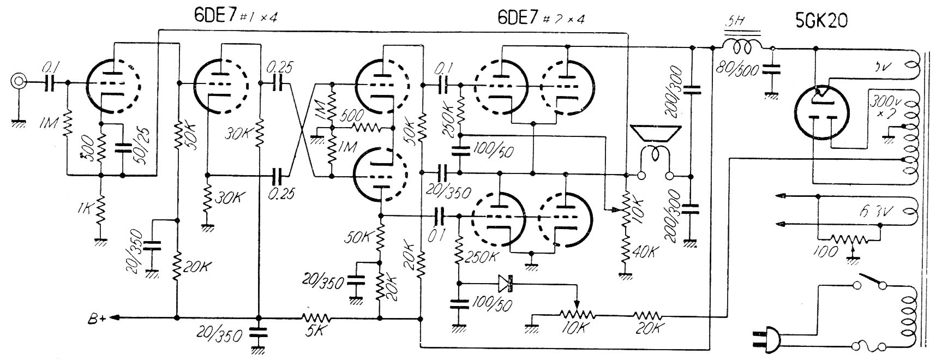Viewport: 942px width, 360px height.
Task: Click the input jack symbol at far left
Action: (x=19, y=82)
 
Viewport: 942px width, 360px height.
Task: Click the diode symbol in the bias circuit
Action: (x=506, y=283)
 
